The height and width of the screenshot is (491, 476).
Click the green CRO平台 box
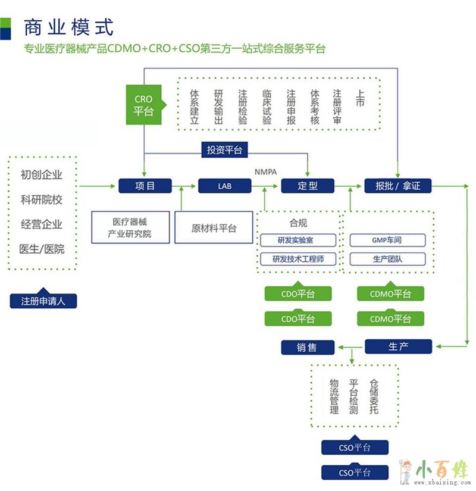click(x=143, y=105)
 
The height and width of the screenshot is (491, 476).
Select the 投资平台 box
click(x=224, y=150)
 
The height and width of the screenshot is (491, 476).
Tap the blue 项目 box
click(x=145, y=186)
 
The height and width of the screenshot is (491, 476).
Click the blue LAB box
click(x=224, y=186)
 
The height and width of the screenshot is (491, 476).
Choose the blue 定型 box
click(x=308, y=186)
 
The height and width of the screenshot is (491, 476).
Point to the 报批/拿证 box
click(x=397, y=186)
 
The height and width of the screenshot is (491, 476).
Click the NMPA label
click(x=265, y=172)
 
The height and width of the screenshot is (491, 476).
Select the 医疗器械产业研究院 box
click(x=129, y=227)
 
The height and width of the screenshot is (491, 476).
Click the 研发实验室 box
click(x=298, y=240)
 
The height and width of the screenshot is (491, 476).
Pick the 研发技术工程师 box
click(x=298, y=259)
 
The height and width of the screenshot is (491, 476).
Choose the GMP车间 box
click(x=387, y=240)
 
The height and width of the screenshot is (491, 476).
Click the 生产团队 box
click(x=387, y=259)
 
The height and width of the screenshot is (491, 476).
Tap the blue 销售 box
click(x=308, y=348)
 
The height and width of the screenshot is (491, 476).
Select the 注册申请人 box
click(x=43, y=301)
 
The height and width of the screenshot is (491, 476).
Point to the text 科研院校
click(x=42, y=200)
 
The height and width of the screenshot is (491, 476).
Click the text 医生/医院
click(x=42, y=249)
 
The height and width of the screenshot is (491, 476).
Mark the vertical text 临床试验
click(x=267, y=107)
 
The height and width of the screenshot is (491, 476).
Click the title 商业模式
click(x=68, y=27)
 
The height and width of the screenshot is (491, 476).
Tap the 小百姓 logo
click(x=437, y=470)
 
